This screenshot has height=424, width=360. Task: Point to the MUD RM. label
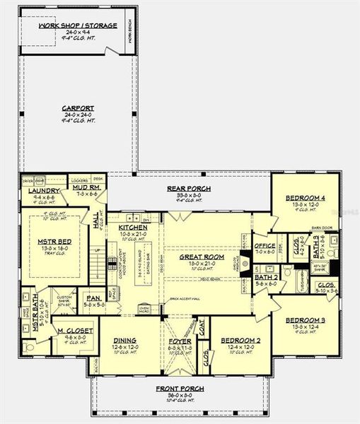(89, 187)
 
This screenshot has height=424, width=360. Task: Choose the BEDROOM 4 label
(306, 198)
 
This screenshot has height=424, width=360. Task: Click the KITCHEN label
(133, 228)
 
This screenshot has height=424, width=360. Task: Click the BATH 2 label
(265, 277)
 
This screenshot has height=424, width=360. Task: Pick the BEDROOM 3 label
(306, 320)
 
